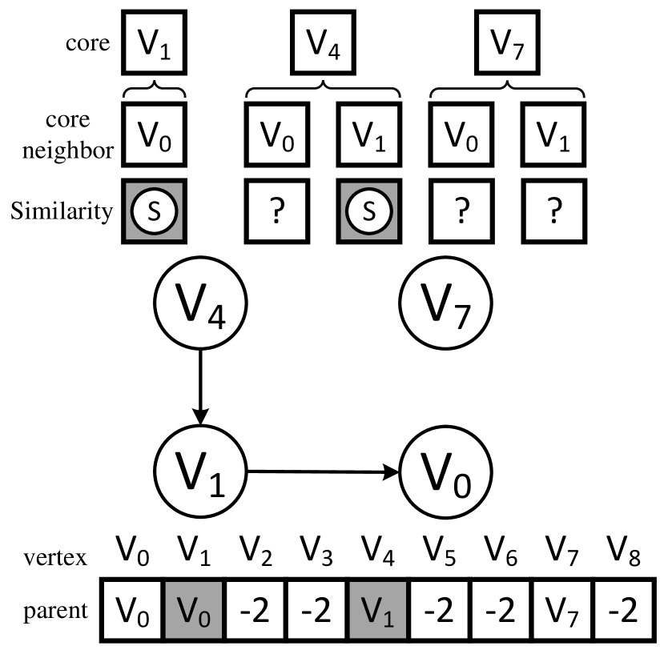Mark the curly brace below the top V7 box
point(509,90)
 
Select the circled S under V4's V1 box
point(369,211)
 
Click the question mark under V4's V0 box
point(276,211)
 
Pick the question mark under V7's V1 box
point(553,211)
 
